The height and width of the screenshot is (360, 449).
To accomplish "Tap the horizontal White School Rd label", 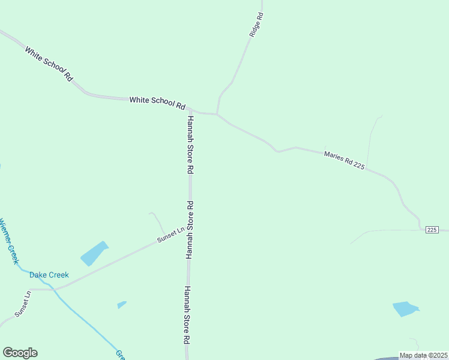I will click(x=157, y=103).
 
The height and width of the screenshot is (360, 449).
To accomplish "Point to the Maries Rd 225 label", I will click(x=344, y=160).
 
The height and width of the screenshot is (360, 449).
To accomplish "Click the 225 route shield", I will click(x=432, y=230).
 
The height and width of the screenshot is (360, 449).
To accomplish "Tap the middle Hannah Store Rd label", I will click(x=190, y=229).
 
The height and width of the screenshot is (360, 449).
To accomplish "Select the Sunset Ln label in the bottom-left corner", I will click(x=22, y=304).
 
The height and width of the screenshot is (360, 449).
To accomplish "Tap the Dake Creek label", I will click(x=49, y=275).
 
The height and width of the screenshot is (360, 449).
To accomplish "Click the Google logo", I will click(x=20, y=353).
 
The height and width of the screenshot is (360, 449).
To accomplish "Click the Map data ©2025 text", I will click(x=423, y=355).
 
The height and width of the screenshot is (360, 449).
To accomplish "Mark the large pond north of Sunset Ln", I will click(x=94, y=253).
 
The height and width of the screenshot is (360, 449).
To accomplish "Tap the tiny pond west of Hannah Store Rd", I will click(x=122, y=304).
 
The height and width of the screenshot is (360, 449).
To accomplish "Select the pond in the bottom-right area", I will click(x=405, y=309).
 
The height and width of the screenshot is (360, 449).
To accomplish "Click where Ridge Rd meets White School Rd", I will click(x=217, y=113).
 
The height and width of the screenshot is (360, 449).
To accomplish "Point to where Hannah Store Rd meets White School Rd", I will click(x=190, y=111).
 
